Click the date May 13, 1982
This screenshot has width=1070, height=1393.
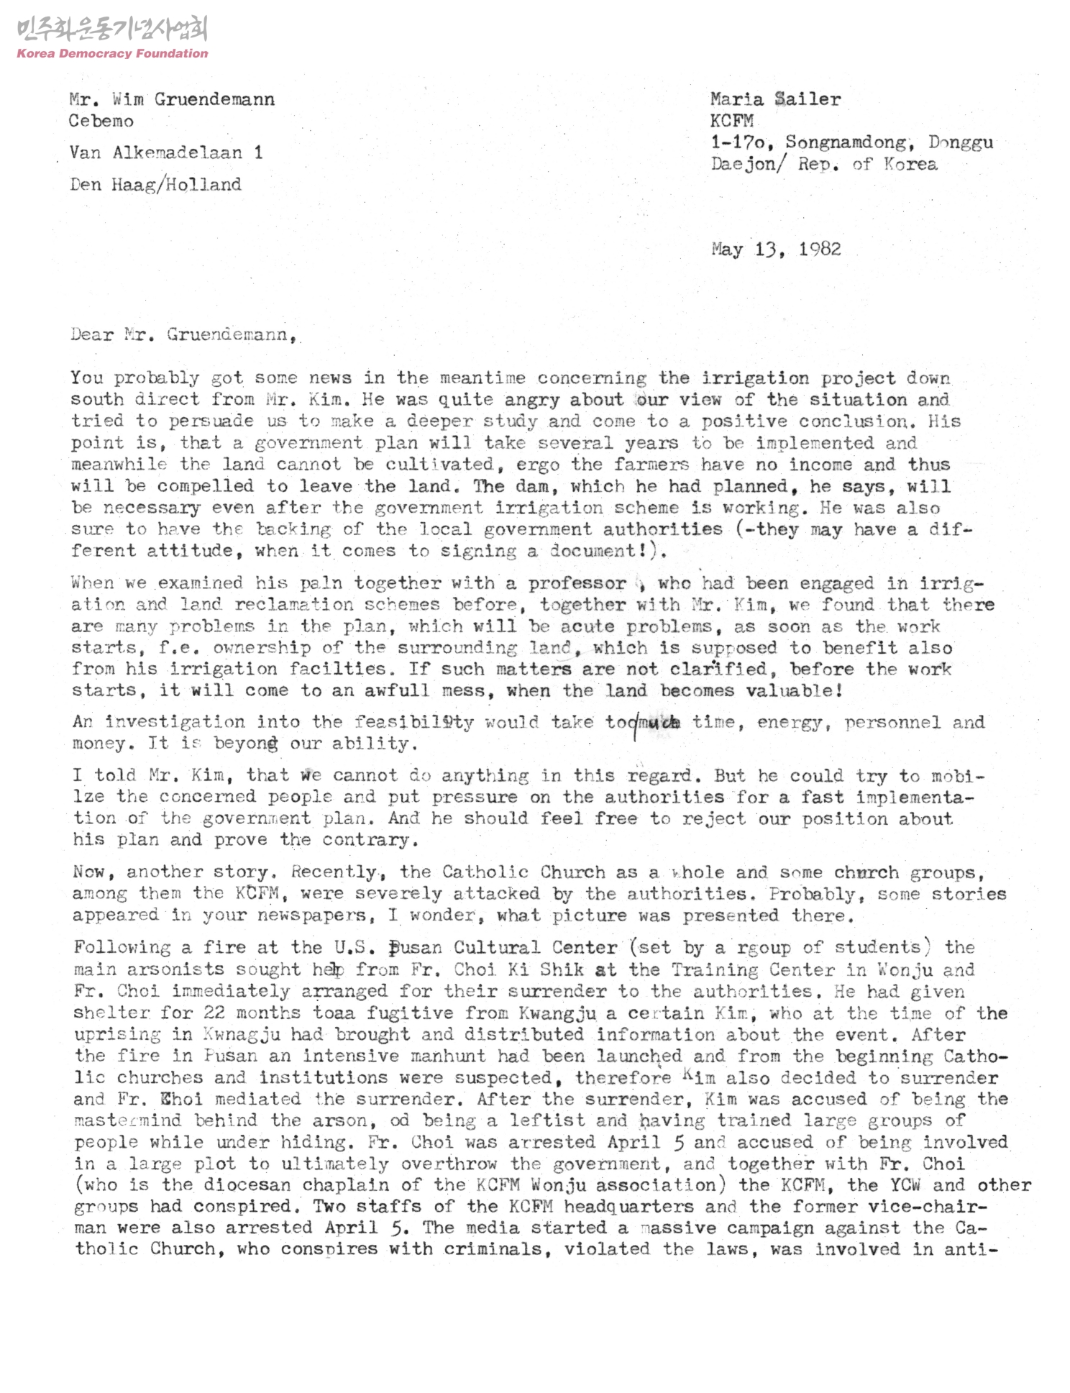776,250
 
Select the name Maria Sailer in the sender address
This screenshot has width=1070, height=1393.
775,99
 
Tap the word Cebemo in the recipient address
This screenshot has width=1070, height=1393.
101,121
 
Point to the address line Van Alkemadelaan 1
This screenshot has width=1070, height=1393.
166,152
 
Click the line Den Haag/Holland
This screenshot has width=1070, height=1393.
155,185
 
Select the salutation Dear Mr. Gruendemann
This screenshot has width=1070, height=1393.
182,334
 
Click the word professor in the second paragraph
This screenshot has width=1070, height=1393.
577,583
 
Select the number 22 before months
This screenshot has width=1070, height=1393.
214,1013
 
